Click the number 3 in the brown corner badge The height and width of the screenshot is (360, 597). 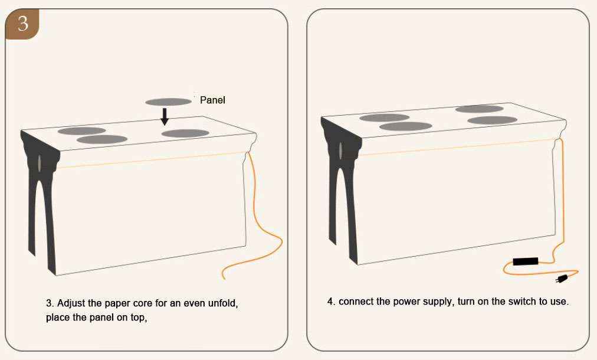click(23, 23)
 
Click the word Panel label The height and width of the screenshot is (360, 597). click(212, 100)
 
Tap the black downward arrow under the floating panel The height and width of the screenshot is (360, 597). click(165, 117)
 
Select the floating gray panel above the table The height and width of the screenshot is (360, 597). click(168, 102)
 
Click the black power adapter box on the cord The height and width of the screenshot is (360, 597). click(526, 261)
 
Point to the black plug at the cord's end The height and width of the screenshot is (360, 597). click(562, 279)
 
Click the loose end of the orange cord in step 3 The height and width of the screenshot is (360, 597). click(224, 277)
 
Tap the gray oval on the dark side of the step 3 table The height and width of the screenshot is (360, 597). click(39, 163)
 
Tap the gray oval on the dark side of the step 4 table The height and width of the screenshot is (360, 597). click(340, 150)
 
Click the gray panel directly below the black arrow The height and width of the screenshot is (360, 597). click(185, 133)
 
